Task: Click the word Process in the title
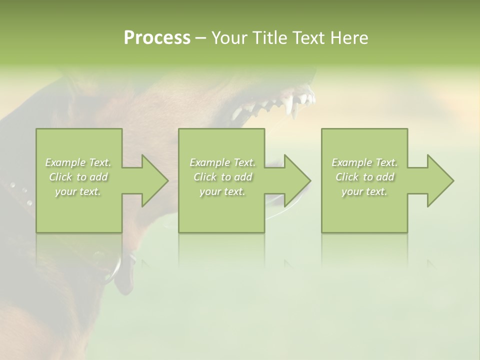click(157, 38)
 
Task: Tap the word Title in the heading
click(268, 38)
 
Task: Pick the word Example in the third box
click(351, 162)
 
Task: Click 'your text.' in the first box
click(78, 191)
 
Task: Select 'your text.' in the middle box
click(222, 191)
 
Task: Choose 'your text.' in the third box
click(364, 191)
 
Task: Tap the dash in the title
click(200, 38)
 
